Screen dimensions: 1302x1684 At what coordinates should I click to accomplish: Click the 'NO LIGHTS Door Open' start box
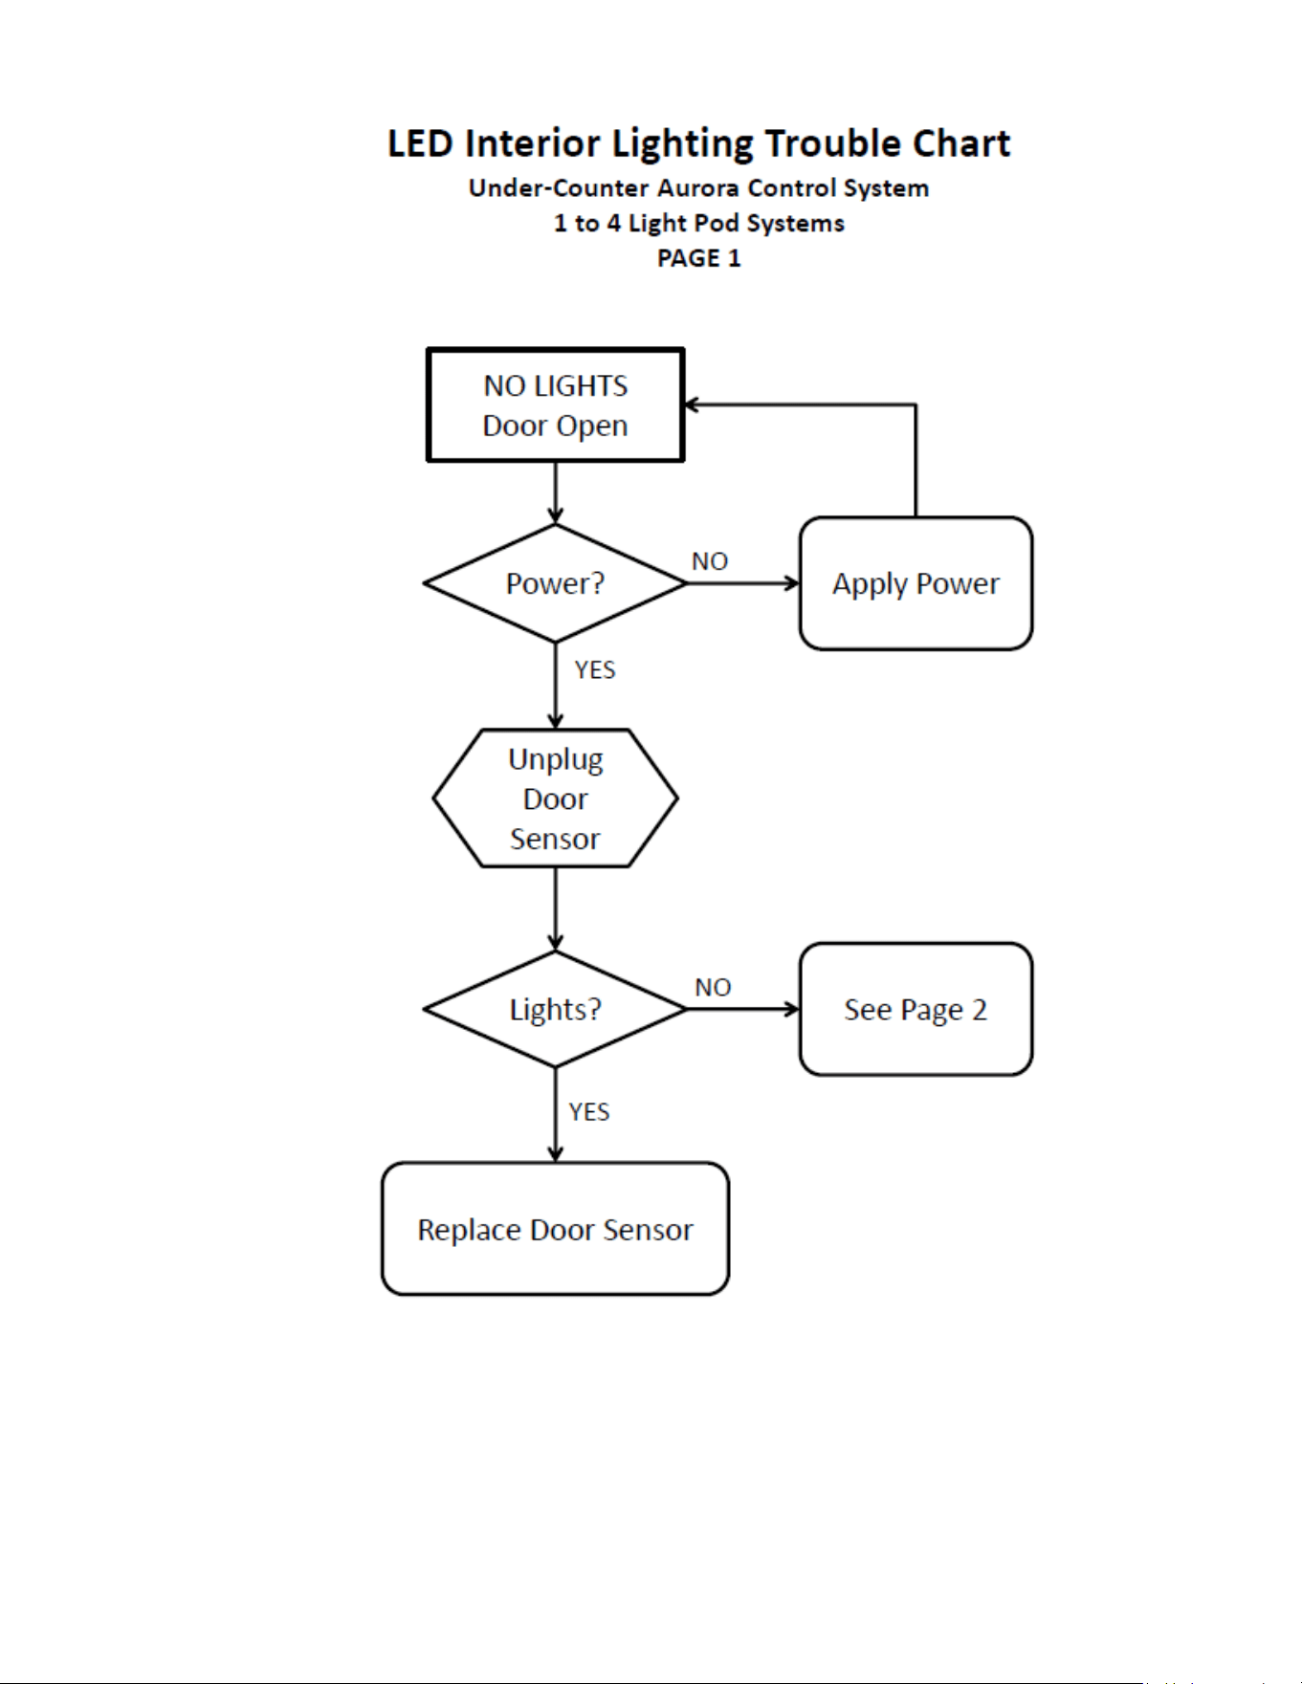pyautogui.click(x=556, y=405)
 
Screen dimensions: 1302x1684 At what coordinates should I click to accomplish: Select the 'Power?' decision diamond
pyautogui.click(x=556, y=583)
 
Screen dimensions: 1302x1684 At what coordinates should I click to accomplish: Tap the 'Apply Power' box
pyautogui.click(x=916, y=583)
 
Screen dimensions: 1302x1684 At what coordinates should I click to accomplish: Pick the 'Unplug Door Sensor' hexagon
pyautogui.click(x=556, y=798)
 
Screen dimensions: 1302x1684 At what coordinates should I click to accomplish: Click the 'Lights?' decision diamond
pyautogui.click(x=556, y=1009)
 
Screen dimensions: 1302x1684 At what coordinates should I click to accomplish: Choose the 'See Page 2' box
pyautogui.click(x=916, y=1009)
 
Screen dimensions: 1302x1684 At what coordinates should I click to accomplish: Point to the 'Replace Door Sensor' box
pyautogui.click(x=556, y=1229)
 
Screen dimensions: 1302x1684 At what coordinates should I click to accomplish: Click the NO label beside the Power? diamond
pyautogui.click(x=710, y=561)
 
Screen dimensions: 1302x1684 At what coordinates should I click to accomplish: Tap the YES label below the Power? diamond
pyautogui.click(x=595, y=669)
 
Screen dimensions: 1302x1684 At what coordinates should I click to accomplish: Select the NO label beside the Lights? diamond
pyautogui.click(x=713, y=987)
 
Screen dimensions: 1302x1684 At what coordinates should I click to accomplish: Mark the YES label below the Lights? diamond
pyautogui.click(x=589, y=1111)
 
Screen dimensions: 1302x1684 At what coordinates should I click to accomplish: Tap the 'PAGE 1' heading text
pyautogui.click(x=699, y=258)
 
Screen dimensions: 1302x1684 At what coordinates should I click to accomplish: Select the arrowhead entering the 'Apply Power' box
pyautogui.click(x=792, y=583)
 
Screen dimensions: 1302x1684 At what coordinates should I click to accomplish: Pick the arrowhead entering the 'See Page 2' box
pyautogui.click(x=792, y=1009)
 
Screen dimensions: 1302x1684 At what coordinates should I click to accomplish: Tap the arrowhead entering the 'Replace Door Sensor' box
pyautogui.click(x=556, y=1154)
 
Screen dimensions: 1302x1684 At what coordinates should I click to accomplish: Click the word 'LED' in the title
pyautogui.click(x=420, y=143)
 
